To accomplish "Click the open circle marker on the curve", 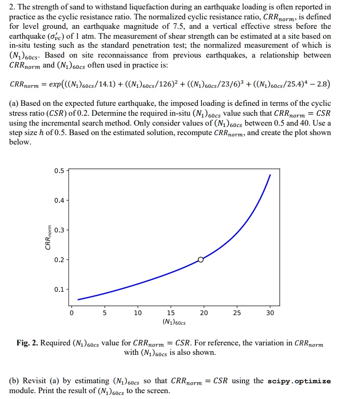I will point(201,259).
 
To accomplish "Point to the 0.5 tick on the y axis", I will point(59,171).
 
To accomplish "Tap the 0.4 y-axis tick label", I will point(59,200).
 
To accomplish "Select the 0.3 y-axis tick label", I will point(59,230).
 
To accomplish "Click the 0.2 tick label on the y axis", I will point(59,260).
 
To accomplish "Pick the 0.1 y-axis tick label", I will point(59,289).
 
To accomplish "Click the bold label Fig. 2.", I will point(27,343).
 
